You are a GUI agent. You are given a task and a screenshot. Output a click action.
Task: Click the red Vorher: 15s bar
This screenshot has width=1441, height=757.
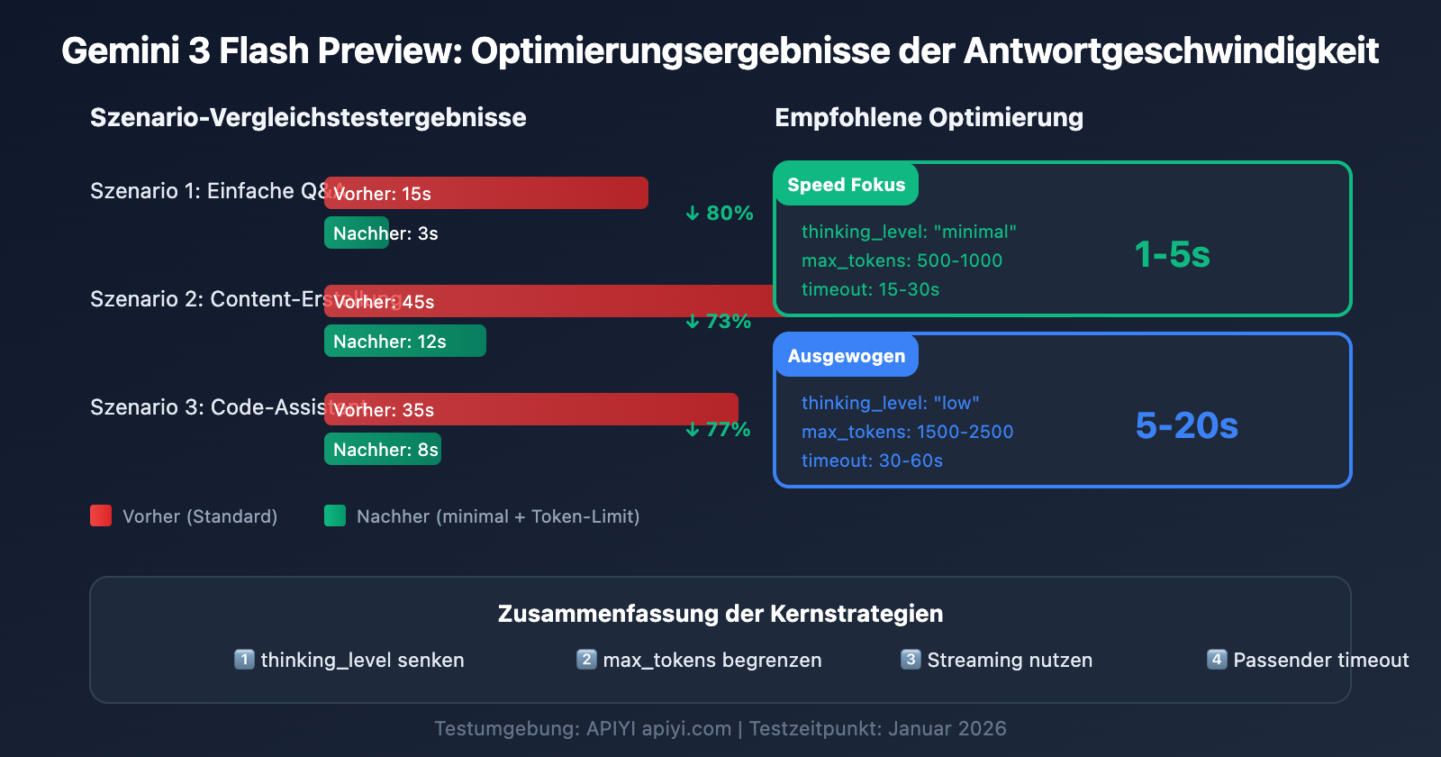pos(486,193)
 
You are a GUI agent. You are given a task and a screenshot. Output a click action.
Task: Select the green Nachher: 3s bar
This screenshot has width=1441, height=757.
pos(357,233)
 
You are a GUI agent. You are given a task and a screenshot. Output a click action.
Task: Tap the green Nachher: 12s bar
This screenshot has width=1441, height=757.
pos(405,341)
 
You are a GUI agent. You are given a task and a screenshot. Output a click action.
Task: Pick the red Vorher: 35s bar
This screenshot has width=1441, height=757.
pos(531,409)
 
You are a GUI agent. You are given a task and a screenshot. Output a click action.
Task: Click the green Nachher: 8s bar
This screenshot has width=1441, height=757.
pos(383,449)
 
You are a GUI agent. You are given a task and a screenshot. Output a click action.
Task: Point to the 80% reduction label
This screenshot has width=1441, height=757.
pos(719,214)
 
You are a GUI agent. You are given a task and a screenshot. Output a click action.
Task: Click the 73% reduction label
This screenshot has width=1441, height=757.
pos(719,322)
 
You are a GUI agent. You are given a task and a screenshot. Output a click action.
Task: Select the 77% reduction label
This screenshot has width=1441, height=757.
pos(719,430)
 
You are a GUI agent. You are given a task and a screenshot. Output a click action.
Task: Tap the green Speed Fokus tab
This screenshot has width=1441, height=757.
pos(846,185)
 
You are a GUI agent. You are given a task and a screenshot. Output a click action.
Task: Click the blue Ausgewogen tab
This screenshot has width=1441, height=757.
pos(846,356)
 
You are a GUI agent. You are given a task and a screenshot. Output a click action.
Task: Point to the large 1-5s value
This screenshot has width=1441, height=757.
pos(1172,255)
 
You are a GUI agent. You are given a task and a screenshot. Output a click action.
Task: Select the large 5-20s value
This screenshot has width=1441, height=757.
pos(1186,425)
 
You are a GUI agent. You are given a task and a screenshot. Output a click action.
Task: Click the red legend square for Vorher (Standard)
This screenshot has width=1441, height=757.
pos(101,515)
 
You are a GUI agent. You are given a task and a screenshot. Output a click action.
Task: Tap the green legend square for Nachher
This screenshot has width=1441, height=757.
pos(335,515)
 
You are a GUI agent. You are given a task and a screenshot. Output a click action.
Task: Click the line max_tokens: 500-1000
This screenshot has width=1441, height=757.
pos(902,260)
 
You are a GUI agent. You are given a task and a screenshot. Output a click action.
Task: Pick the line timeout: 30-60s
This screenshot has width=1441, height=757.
pos(872,461)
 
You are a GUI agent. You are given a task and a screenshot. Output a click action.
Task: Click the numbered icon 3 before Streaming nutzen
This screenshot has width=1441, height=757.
pos(911,660)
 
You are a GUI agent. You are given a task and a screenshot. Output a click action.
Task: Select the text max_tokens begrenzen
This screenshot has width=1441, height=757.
pos(711,661)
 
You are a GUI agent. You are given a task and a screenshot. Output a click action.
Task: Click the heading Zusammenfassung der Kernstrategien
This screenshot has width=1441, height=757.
pos(720,614)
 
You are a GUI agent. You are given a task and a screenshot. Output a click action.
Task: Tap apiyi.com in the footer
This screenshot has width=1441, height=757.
pos(686,728)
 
